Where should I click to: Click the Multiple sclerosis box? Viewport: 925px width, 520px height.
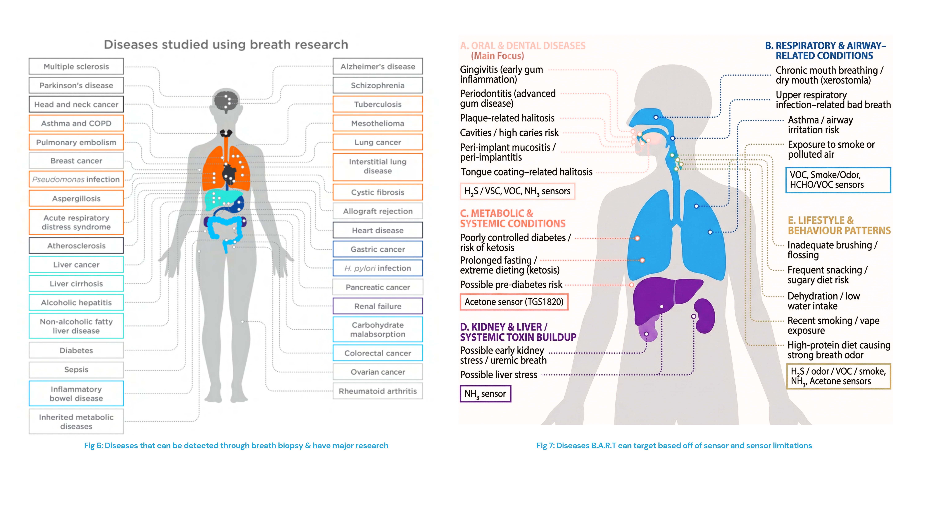(76, 66)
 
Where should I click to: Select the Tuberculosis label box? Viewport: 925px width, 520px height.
(378, 104)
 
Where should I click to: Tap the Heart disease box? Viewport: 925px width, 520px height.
(378, 230)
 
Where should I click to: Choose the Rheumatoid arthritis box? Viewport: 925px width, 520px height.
(378, 391)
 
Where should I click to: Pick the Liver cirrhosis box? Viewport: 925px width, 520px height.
(76, 283)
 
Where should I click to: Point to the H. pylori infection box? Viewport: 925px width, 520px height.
(378, 268)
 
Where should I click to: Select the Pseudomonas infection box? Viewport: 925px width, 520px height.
(76, 179)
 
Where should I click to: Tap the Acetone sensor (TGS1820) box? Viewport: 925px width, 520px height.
(514, 302)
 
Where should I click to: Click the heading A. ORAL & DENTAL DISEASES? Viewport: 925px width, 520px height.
(523, 46)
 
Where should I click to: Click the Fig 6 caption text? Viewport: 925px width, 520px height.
(236, 445)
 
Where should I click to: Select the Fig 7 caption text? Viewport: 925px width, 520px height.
(674, 445)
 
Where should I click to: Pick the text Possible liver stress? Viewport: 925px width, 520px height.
(498, 375)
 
